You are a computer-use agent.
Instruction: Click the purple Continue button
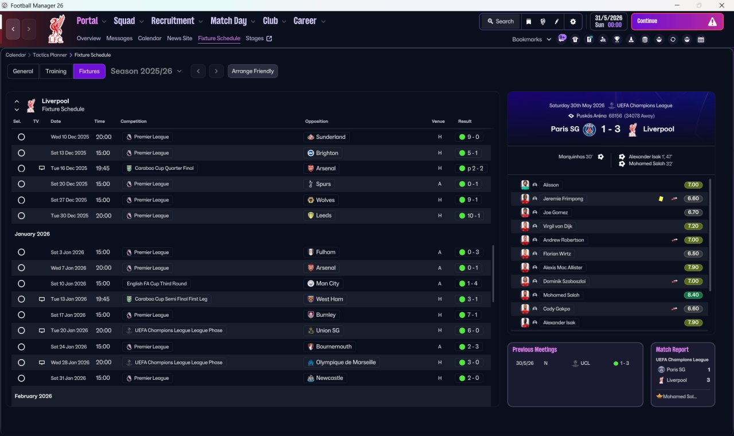(x=677, y=21)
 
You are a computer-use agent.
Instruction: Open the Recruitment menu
(x=173, y=21)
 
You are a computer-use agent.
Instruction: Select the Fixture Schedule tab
(x=219, y=38)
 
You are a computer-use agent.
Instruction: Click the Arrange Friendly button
(x=253, y=71)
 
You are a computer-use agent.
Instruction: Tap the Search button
(x=500, y=21)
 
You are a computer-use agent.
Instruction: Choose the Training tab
(x=56, y=71)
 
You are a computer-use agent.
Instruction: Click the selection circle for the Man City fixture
(x=21, y=283)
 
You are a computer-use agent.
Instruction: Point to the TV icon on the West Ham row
(x=41, y=299)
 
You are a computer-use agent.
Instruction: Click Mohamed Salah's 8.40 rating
(x=693, y=295)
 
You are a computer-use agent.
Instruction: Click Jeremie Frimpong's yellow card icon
(x=661, y=198)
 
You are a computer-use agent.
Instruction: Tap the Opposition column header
(x=317, y=122)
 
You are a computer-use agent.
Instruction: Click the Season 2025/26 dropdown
(x=146, y=71)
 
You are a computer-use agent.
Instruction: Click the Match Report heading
(x=672, y=349)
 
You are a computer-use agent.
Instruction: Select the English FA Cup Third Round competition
(x=157, y=283)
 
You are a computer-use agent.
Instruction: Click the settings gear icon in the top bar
(x=573, y=21)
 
